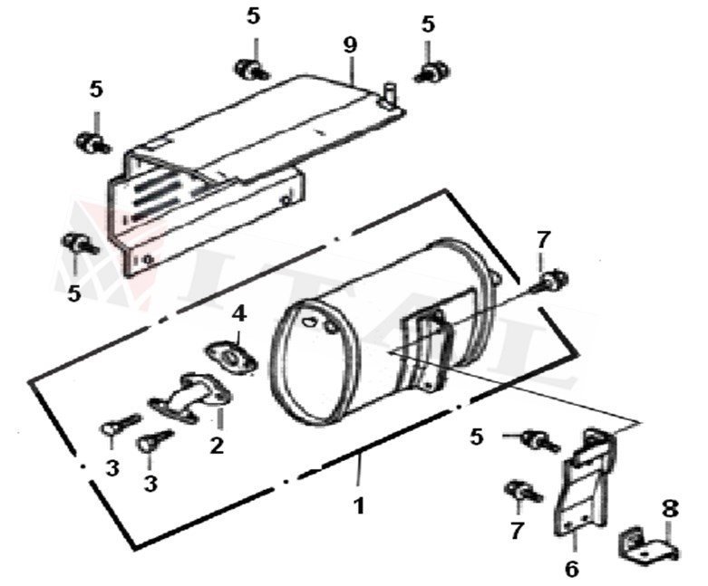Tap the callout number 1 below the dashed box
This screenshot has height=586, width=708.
(x=359, y=505)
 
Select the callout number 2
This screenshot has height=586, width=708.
(x=217, y=445)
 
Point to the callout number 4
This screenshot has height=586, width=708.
(x=238, y=313)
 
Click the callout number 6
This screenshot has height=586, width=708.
(x=571, y=569)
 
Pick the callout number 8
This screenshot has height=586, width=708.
(x=669, y=509)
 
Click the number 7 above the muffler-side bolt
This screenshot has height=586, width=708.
(x=542, y=240)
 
